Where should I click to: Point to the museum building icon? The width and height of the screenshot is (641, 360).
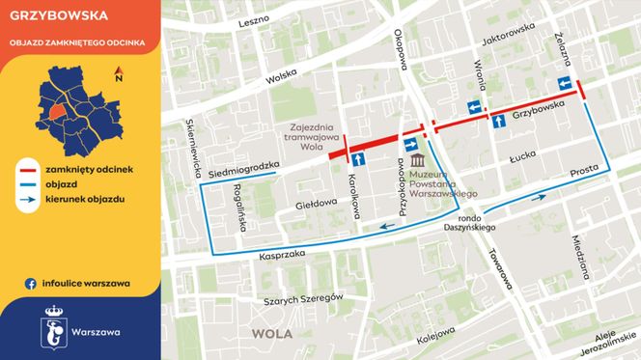point(416,159)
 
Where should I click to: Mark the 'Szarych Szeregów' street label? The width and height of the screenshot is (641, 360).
point(301,299)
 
